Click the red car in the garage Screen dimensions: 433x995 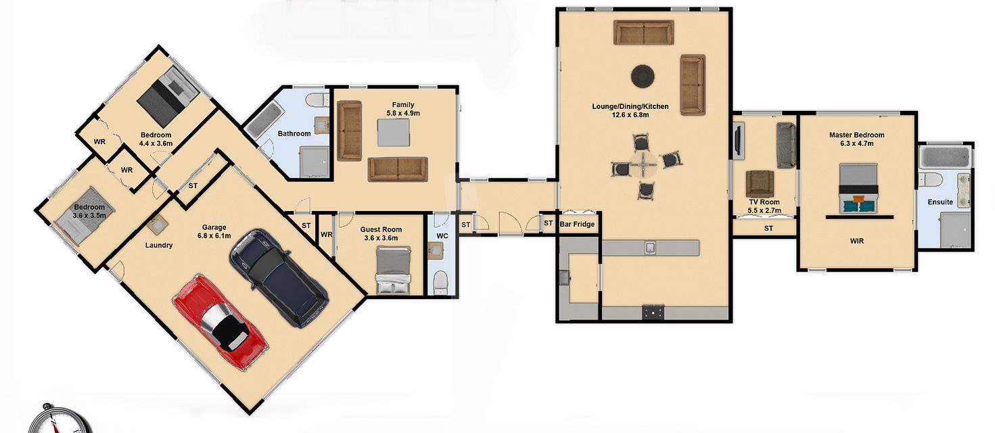[x=221, y=322]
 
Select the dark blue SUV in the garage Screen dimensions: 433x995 [x=279, y=277]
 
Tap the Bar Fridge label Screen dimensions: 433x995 [x=577, y=224]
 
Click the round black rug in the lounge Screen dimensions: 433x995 [x=643, y=76]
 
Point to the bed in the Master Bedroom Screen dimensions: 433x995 [x=858, y=187]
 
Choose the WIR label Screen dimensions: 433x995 [x=857, y=241]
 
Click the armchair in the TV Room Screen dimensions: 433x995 [x=760, y=183]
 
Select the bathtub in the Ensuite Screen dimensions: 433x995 [x=946, y=158]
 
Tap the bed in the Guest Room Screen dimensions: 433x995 [x=394, y=270]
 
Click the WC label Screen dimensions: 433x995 [x=442, y=236]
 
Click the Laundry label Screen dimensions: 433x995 [x=159, y=245]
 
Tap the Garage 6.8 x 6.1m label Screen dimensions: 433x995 [x=214, y=231]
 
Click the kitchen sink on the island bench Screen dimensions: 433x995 [x=650, y=248]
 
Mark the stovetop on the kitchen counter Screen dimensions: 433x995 [x=653, y=313]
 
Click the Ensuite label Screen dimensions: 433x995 [x=940, y=202]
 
